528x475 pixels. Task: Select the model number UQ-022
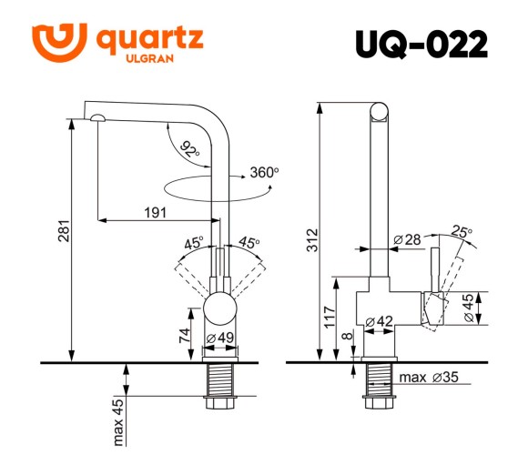pyautogui.click(x=421, y=45)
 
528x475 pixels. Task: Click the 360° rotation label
pyautogui.click(x=263, y=173)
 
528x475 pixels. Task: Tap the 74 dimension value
pyautogui.click(x=186, y=332)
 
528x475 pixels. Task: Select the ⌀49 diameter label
pyautogui.click(x=221, y=339)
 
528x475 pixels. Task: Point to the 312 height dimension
pyautogui.click(x=310, y=239)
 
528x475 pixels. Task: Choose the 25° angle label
pyautogui.click(x=462, y=232)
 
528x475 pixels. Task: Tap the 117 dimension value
pyautogui.click(x=328, y=316)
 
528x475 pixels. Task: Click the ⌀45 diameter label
pyautogui.click(x=470, y=308)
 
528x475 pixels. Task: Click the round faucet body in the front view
pyautogui.click(x=220, y=309)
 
